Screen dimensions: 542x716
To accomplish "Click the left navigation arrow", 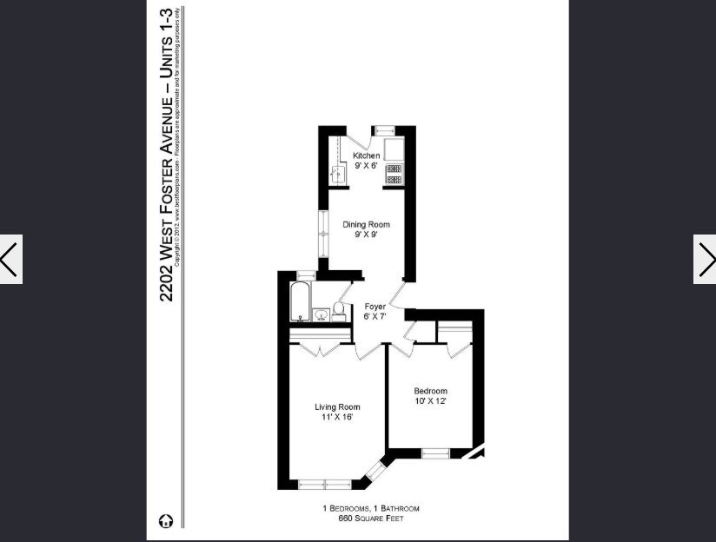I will pyautogui.click(x=10, y=259).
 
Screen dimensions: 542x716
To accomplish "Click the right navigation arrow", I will pyautogui.click(x=705, y=259).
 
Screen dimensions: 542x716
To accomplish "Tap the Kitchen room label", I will pyautogui.click(x=365, y=155).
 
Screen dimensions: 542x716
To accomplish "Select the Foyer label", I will pyautogui.click(x=375, y=307).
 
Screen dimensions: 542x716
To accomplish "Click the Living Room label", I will pyautogui.click(x=337, y=406).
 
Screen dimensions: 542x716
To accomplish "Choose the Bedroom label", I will pyautogui.click(x=430, y=391).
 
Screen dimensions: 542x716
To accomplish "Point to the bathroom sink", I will pyautogui.click(x=320, y=314).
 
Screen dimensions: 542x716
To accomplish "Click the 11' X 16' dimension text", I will pyautogui.click(x=337, y=417).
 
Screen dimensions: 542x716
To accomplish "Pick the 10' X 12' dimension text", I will pyautogui.click(x=430, y=401).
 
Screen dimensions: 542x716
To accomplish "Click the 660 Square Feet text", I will pyautogui.click(x=371, y=519).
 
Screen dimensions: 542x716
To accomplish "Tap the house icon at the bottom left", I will pyautogui.click(x=166, y=521).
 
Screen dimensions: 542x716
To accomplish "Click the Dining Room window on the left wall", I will pyautogui.click(x=322, y=235).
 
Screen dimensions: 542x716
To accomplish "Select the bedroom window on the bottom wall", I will pyautogui.click(x=434, y=453).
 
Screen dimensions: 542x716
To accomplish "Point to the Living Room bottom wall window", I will pyautogui.click(x=324, y=485).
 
